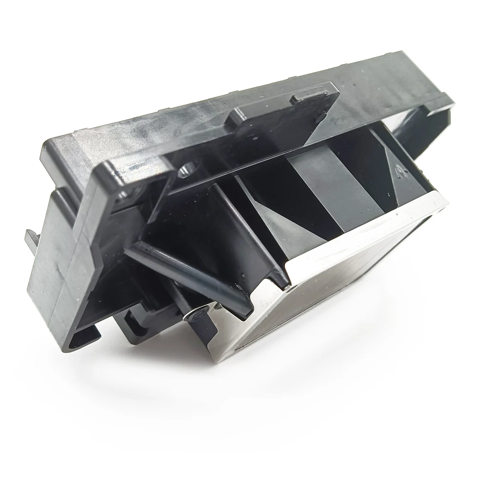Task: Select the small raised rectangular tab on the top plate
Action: point(309,97)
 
